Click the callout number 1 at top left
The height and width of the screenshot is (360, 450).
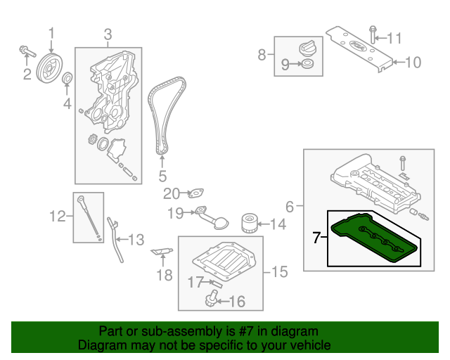[x=51, y=32]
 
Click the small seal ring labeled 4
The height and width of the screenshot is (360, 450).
[x=67, y=78]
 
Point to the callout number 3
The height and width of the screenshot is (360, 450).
[x=108, y=34]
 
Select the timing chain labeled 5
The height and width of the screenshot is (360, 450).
[x=166, y=116]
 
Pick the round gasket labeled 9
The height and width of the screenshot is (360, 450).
[x=307, y=65]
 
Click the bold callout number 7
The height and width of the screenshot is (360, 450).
[x=317, y=238]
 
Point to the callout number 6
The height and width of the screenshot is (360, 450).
[x=290, y=206]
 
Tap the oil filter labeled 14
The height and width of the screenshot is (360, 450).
[x=247, y=224]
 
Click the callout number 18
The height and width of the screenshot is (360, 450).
[x=164, y=274]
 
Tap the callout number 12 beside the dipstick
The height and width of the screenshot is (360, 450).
[x=56, y=217]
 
